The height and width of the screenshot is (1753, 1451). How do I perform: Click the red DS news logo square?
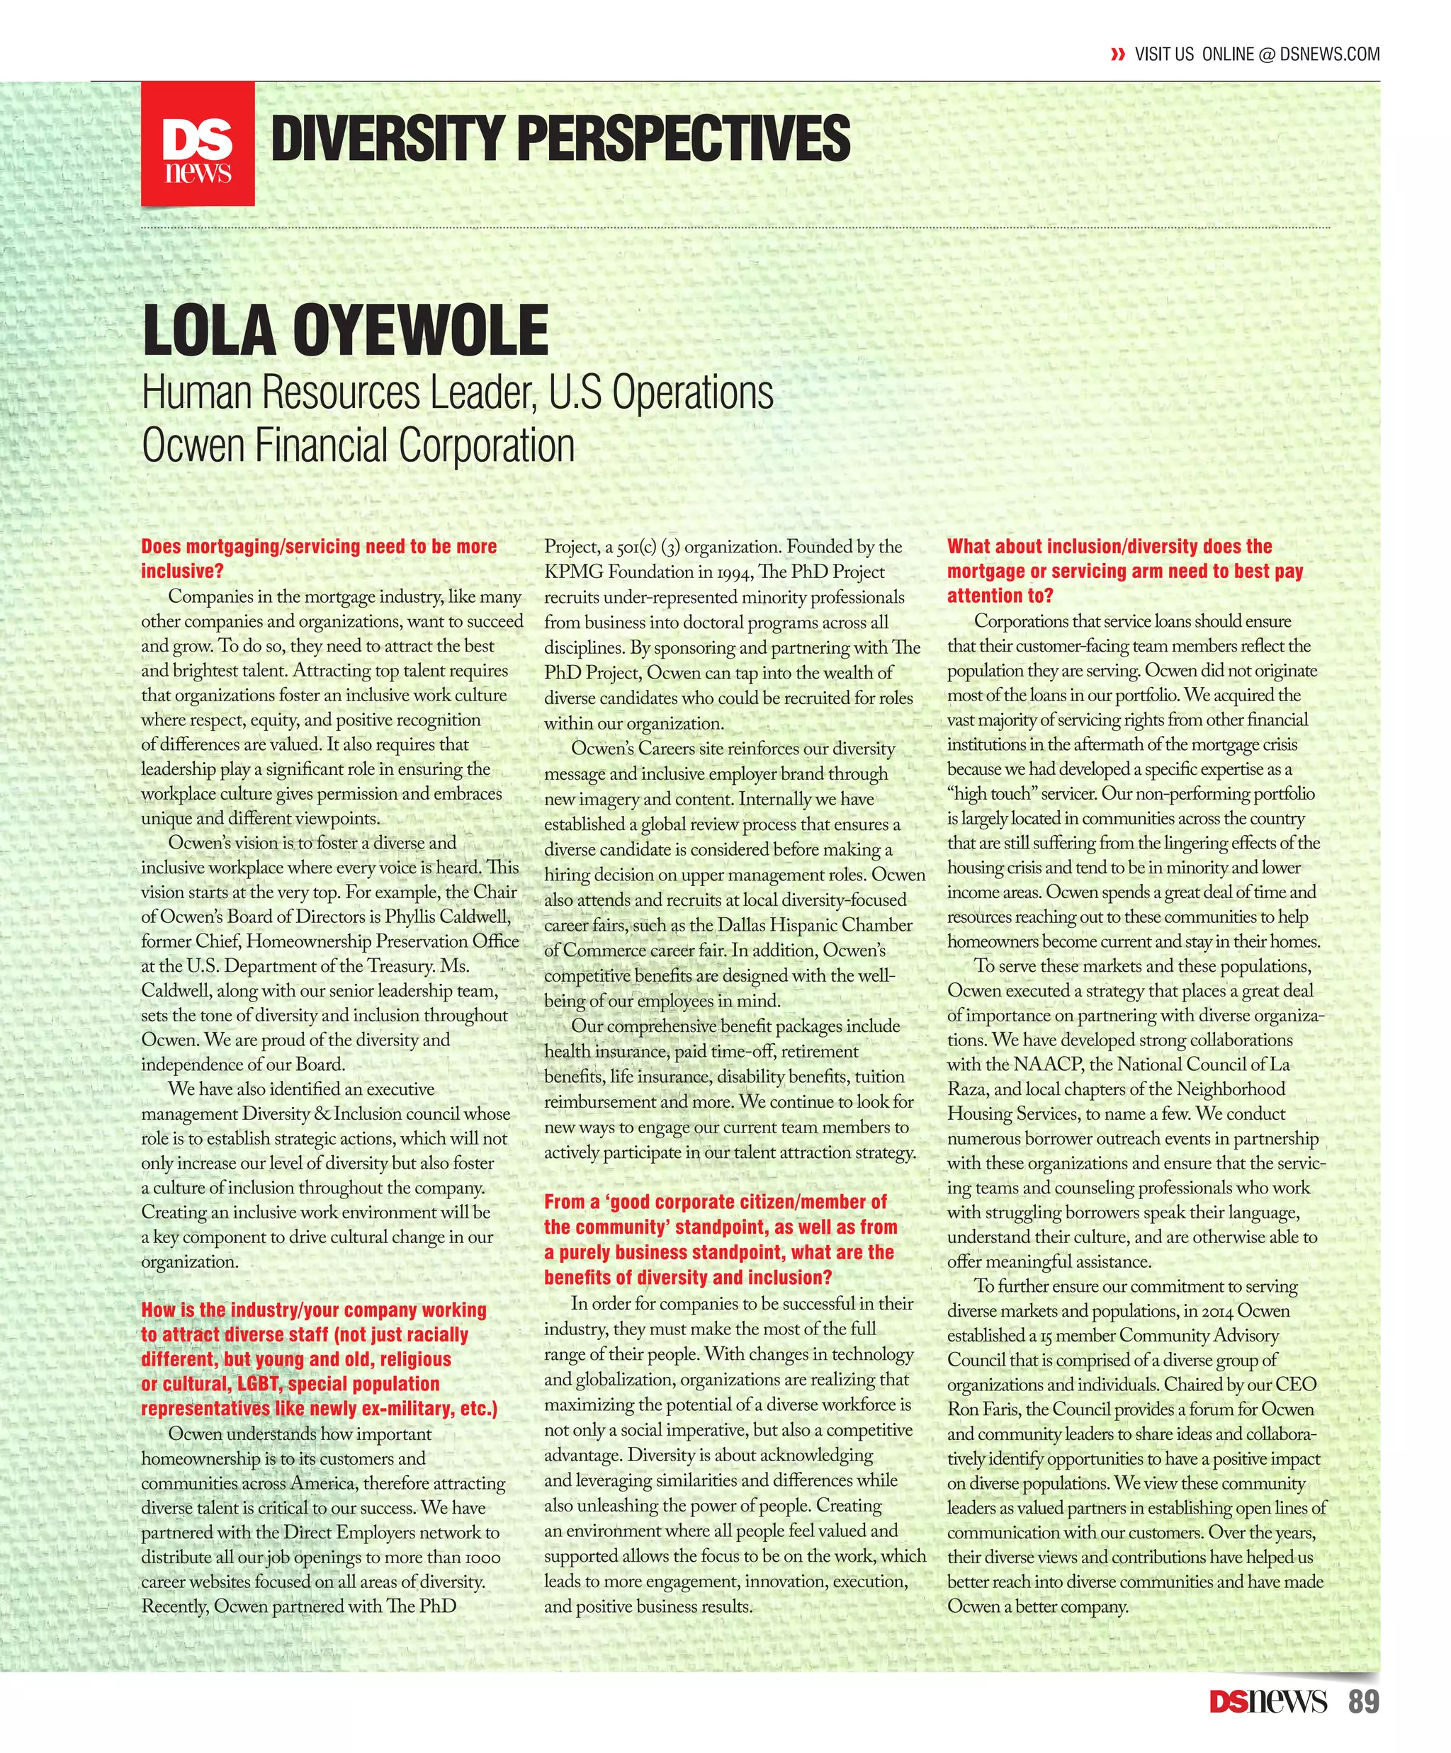tap(197, 144)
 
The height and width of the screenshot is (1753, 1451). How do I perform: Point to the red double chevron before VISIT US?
tap(1118, 55)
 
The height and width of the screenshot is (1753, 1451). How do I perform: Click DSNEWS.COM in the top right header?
tap(1329, 55)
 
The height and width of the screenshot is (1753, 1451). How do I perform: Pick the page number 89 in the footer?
tap(1363, 1701)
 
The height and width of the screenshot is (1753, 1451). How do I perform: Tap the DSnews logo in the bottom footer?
tap(1267, 1701)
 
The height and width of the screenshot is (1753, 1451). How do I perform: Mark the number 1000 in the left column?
tap(482, 1558)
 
